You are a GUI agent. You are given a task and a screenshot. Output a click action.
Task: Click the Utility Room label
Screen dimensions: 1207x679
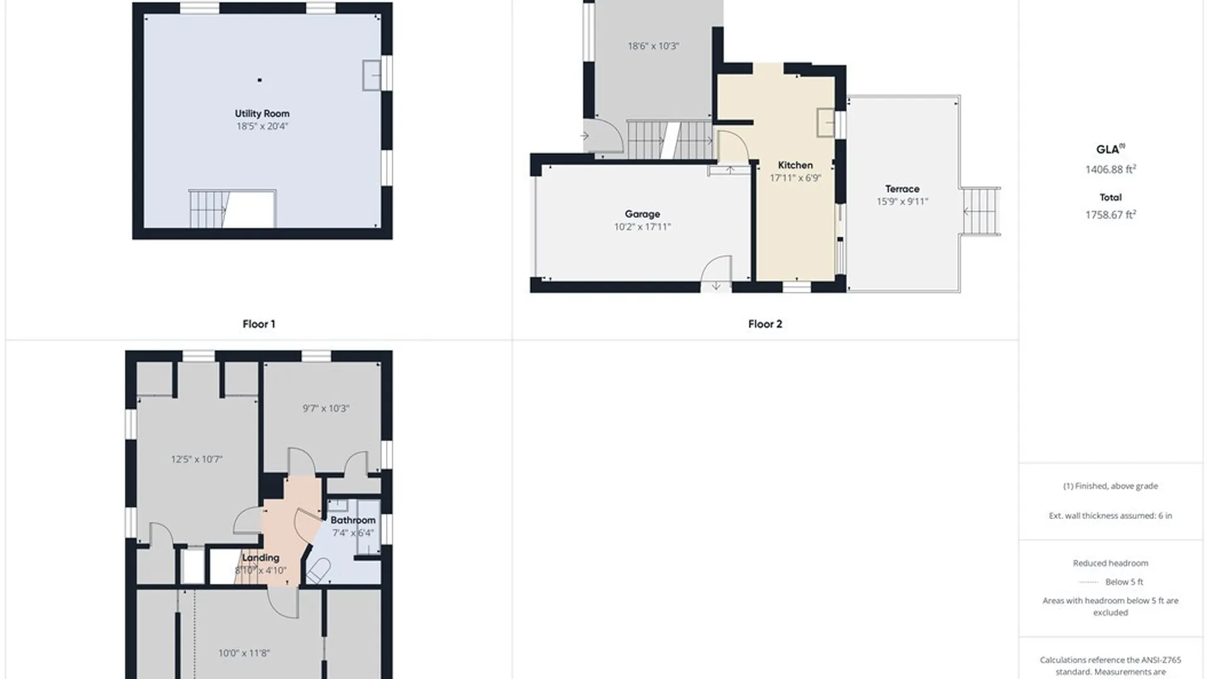tap(262, 114)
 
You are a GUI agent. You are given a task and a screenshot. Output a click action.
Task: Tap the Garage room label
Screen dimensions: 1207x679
tap(642, 214)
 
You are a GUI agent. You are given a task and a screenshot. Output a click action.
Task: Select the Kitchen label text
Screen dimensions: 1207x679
tap(795, 165)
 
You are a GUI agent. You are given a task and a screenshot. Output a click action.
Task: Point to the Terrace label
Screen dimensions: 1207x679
tap(902, 189)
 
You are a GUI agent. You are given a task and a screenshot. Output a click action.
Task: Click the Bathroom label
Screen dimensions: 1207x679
tap(353, 520)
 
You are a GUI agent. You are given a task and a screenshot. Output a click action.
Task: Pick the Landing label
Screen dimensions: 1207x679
tap(261, 558)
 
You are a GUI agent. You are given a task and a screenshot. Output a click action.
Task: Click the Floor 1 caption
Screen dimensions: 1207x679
tap(259, 324)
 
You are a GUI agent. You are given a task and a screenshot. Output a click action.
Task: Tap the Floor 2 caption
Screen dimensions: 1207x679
tap(765, 324)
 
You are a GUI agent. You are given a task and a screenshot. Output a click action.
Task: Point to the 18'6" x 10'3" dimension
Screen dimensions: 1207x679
tap(653, 46)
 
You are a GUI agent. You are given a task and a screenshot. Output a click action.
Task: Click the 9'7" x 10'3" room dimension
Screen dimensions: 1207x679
tap(326, 409)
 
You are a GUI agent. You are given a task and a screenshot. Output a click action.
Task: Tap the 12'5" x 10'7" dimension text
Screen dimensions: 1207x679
tap(197, 460)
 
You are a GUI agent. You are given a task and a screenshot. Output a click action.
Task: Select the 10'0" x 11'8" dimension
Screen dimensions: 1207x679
tap(244, 653)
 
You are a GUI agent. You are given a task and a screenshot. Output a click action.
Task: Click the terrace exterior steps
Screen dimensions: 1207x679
tap(981, 212)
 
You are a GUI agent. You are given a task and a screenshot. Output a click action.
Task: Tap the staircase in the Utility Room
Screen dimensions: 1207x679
tap(232, 209)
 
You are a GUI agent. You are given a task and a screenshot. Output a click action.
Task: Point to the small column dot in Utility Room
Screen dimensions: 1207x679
tap(260, 80)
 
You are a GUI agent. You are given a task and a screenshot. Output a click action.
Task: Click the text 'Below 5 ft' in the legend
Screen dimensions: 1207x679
tap(1124, 582)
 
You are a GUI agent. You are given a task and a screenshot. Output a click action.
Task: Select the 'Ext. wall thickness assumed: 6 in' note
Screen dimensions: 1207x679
tap(1110, 516)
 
